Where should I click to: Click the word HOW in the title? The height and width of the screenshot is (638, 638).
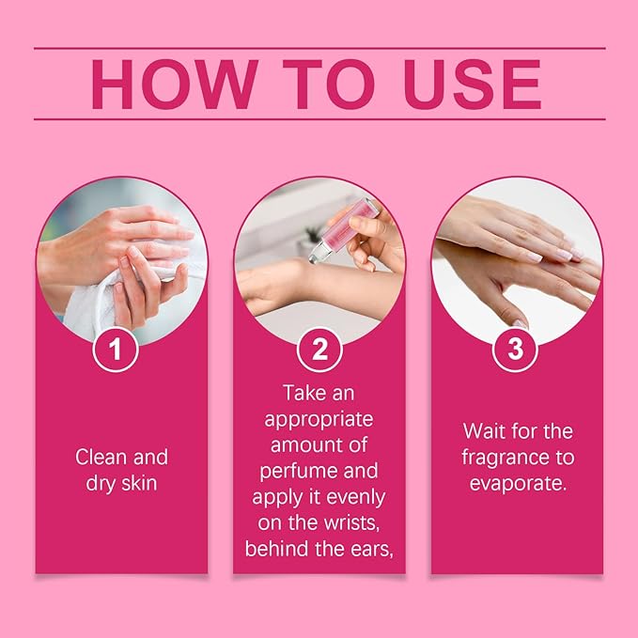tap(175, 85)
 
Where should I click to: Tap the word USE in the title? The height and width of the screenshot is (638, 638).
tap(473, 85)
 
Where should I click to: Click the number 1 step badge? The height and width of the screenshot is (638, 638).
tap(116, 350)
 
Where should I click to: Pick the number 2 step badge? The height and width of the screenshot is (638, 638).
tap(319, 350)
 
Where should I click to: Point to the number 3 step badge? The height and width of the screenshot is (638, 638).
tap(515, 350)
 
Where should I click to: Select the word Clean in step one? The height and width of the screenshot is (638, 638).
tap(101, 457)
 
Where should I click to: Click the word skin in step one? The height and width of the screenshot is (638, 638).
tap(139, 483)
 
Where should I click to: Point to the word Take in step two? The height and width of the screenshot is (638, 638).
tap(302, 393)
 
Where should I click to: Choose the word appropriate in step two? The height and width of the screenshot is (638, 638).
tap(319, 419)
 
